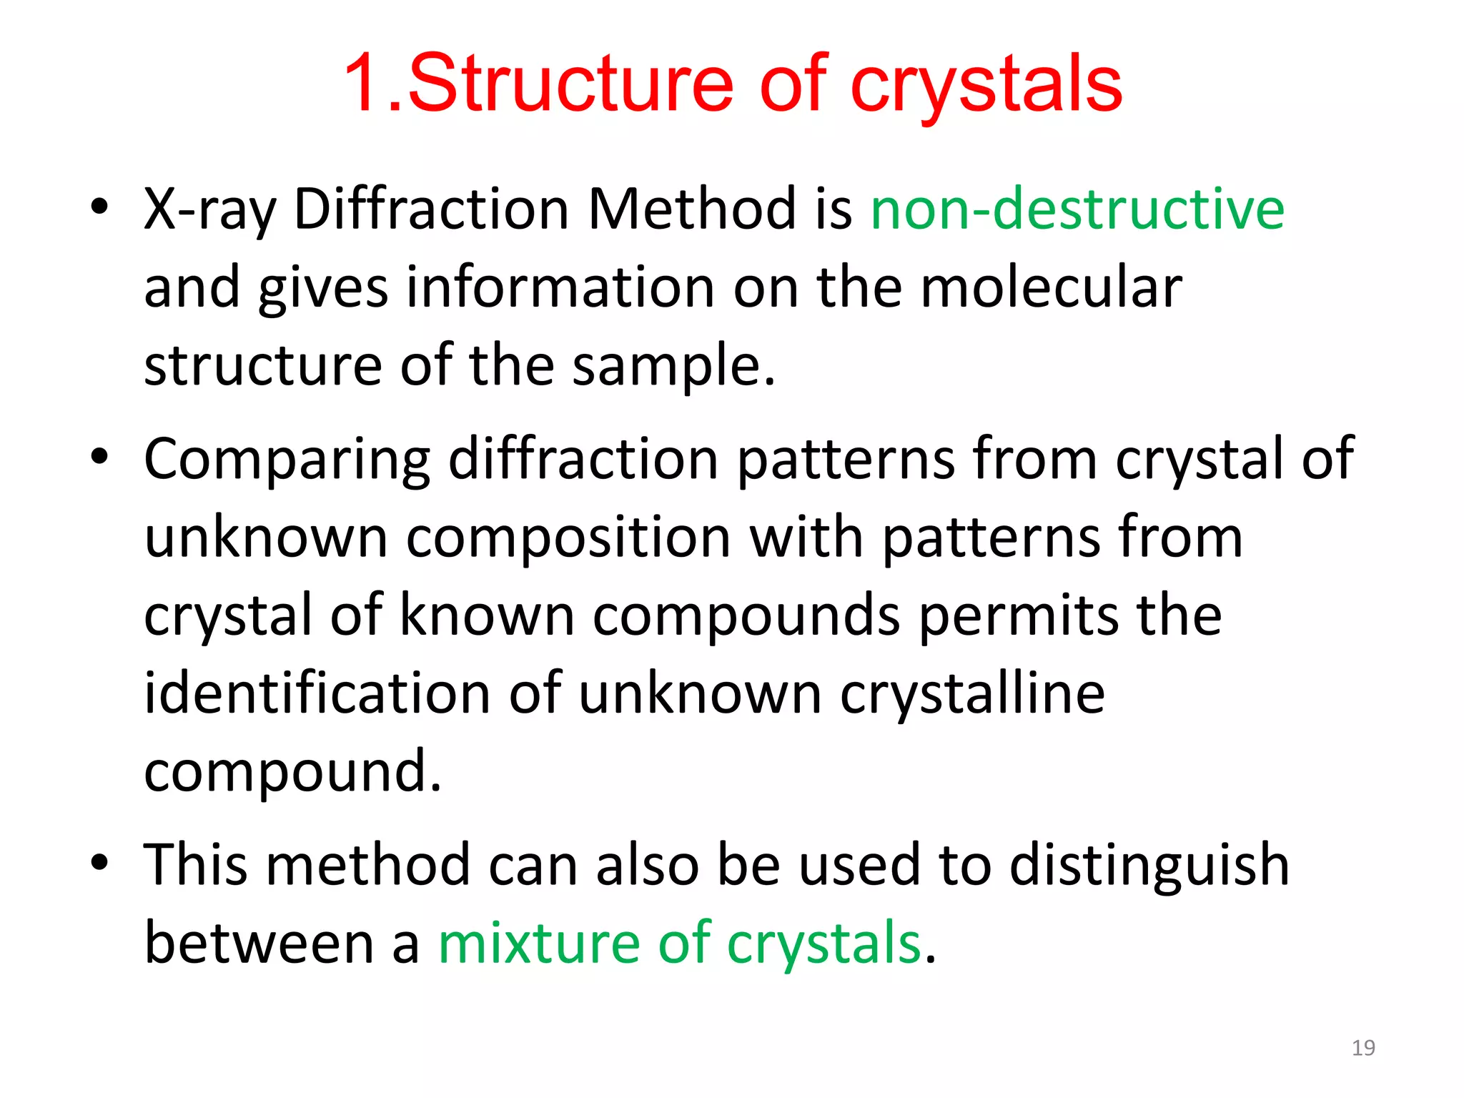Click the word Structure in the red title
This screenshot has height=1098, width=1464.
[x=570, y=84]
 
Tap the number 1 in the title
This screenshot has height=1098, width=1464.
[x=365, y=84]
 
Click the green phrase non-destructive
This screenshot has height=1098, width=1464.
[x=1077, y=209]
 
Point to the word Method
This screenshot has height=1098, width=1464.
[x=691, y=209]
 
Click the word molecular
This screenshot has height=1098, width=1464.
[x=1051, y=287]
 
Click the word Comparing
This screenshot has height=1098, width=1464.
[x=287, y=460]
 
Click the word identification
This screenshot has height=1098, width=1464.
[x=317, y=693]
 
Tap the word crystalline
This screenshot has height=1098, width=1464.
[x=972, y=694]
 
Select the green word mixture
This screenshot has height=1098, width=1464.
[x=539, y=943]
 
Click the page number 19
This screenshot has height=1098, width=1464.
[x=1362, y=1048]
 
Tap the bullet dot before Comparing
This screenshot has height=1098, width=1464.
[x=99, y=455]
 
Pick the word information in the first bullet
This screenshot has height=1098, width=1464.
[x=560, y=287]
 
